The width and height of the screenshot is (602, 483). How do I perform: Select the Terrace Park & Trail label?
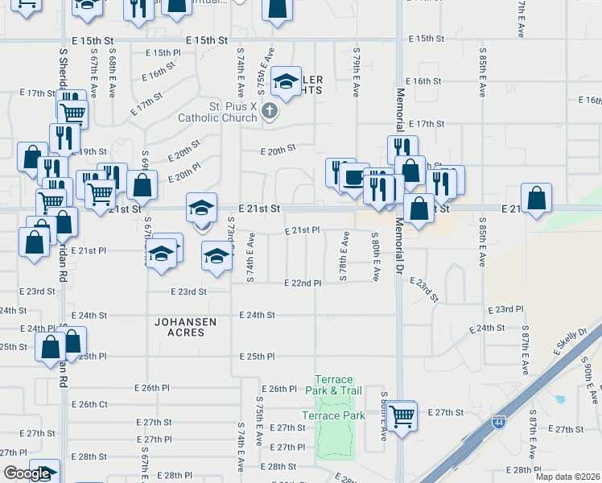(x=334, y=385)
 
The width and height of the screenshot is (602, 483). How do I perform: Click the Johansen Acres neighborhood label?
(x=186, y=327)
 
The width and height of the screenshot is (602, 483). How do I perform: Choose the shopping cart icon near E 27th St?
(x=401, y=416)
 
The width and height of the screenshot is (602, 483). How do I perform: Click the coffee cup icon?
(x=353, y=177)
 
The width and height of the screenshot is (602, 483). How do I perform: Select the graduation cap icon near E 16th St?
(x=285, y=81)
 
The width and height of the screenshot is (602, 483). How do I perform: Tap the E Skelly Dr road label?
(x=571, y=343)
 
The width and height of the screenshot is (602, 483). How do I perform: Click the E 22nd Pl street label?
(x=303, y=283)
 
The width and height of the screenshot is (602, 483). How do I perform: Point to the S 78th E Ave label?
(x=344, y=257)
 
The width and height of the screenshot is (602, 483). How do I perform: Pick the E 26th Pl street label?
(x=281, y=389)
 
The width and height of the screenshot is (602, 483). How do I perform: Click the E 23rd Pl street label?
(x=505, y=309)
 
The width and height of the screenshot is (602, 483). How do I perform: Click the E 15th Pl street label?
(x=164, y=52)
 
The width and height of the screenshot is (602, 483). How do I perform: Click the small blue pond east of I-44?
(x=559, y=398)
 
